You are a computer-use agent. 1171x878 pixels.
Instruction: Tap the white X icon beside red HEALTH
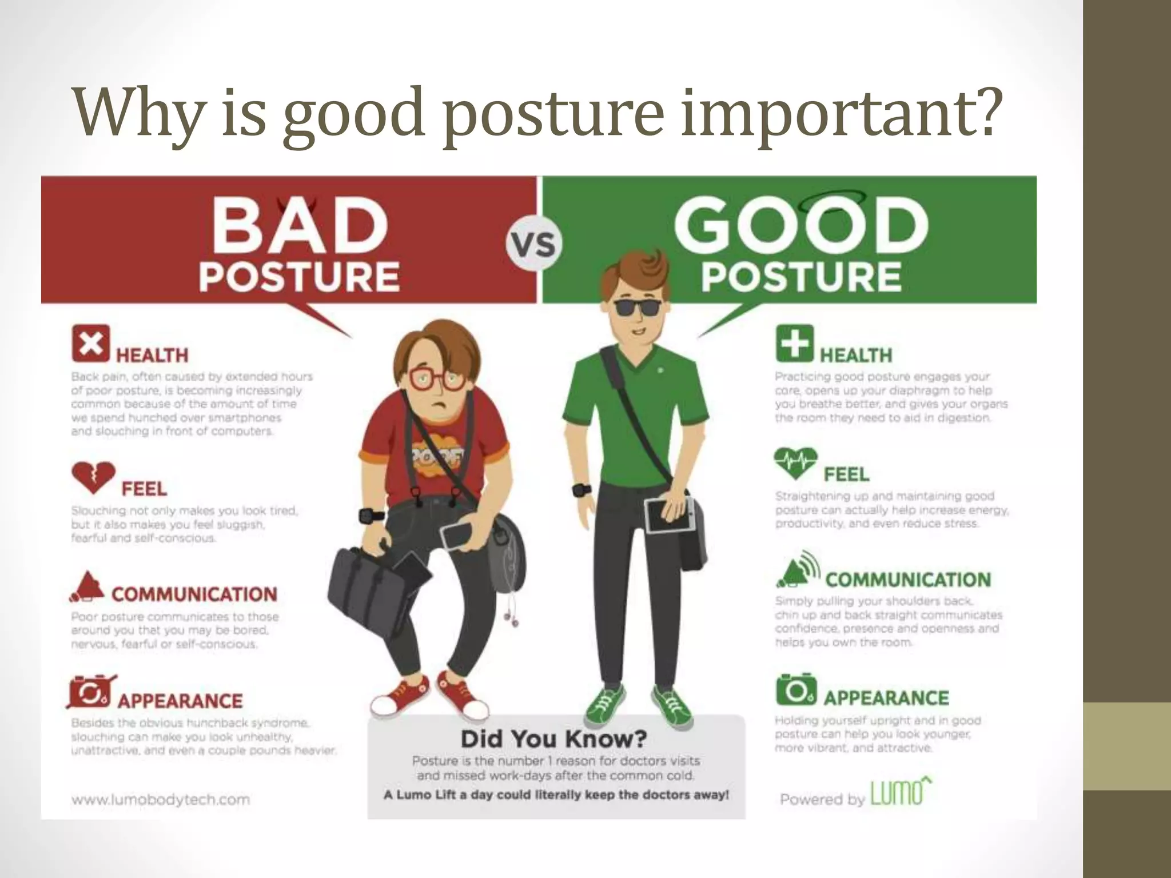[90, 344]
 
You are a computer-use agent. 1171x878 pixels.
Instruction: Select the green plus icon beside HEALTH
[794, 344]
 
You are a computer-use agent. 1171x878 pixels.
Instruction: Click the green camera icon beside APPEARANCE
[795, 689]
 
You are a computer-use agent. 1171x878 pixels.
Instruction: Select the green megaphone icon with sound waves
[797, 570]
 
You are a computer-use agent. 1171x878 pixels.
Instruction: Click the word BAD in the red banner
[299, 226]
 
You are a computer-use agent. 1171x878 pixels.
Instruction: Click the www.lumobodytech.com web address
[161, 799]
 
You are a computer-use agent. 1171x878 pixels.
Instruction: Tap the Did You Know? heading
[553, 739]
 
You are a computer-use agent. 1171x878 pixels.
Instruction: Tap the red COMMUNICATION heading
[194, 594]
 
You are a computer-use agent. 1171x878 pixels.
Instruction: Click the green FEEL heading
[846, 474]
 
